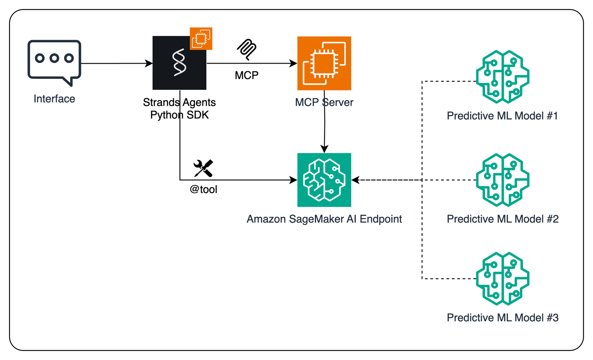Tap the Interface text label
[x=54, y=99]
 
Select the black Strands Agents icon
[x=179, y=63]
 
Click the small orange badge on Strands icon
[x=201, y=39]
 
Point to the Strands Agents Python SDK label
[x=179, y=108]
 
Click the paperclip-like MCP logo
[x=246, y=49]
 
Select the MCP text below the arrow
[x=246, y=75]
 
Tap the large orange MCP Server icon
[x=324, y=63]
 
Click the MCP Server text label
[x=324, y=103]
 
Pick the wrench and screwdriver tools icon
[x=203, y=168]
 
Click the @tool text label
[x=203, y=189]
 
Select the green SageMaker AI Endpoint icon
[x=324, y=180]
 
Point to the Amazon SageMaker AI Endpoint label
[x=324, y=219]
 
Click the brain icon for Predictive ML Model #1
[x=503, y=77]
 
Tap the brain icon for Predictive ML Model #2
[x=503, y=180]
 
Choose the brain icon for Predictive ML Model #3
[x=503, y=279]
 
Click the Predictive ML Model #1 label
[x=503, y=116]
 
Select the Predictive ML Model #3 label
[x=503, y=318]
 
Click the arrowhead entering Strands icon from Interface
[x=149, y=64]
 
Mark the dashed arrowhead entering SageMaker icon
[x=355, y=180]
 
